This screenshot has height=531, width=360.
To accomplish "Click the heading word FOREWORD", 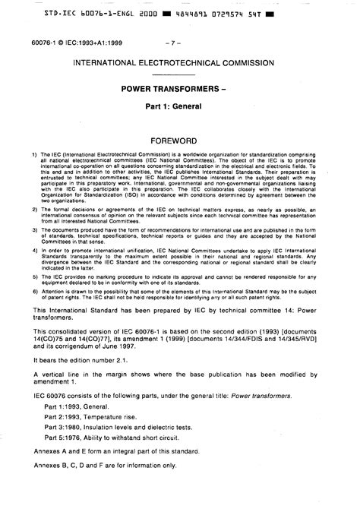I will [x=179, y=141].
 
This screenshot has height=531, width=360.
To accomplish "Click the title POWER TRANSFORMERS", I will [x=179, y=89].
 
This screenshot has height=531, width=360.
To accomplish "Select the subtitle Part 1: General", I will [x=179, y=108].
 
